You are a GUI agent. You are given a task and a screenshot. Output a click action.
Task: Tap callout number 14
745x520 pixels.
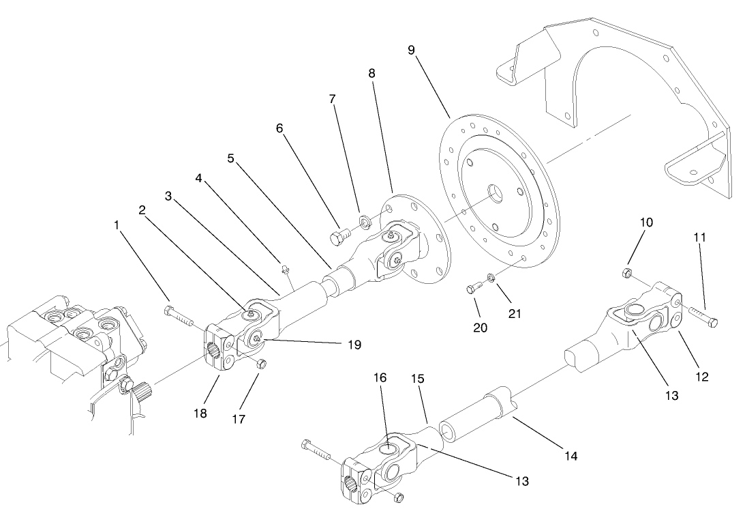point(571,456)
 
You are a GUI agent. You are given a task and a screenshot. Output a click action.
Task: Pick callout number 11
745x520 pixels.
point(700,237)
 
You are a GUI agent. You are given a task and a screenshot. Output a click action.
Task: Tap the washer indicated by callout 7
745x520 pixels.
point(363,220)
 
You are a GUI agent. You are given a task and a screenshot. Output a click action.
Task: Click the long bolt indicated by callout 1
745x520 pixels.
point(178,315)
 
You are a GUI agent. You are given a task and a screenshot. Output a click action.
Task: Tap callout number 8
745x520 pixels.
point(371,72)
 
